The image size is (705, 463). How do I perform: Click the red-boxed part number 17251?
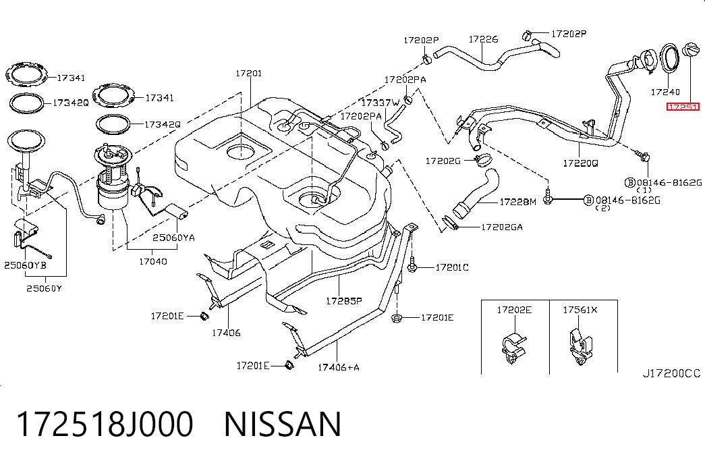pyautogui.click(x=683, y=107)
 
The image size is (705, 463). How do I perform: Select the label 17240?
pyautogui.click(x=665, y=92)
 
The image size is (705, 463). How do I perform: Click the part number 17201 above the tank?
pyautogui.click(x=249, y=73)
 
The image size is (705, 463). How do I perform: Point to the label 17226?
pyautogui.click(x=483, y=39)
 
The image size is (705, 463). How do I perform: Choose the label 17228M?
pyautogui.click(x=518, y=202)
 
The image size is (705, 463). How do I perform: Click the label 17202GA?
pyautogui.click(x=502, y=227)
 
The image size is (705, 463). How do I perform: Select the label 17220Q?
pyautogui.click(x=580, y=163)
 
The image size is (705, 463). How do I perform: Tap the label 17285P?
pyautogui.click(x=344, y=300)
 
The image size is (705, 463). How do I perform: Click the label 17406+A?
pyautogui.click(x=339, y=367)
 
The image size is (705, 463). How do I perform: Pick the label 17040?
pyautogui.click(x=153, y=261)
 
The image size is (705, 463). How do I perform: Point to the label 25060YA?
pyautogui.click(x=173, y=237)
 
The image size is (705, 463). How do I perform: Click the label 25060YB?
pyautogui.click(x=25, y=265)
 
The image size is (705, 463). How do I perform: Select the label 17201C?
pyautogui.click(x=452, y=267)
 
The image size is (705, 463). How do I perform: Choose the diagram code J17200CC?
pyautogui.click(x=671, y=373)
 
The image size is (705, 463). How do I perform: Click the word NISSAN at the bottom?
pyautogui.click(x=283, y=424)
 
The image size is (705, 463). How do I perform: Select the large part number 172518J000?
pyautogui.click(x=105, y=424)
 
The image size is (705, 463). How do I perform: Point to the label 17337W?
pyautogui.click(x=380, y=103)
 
